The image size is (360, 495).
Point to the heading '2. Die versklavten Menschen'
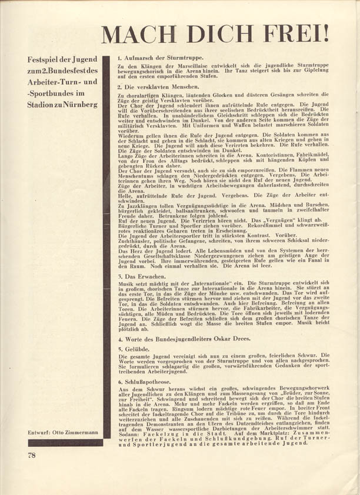(x=155, y=86)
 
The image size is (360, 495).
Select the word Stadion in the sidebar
(x=42, y=104)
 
